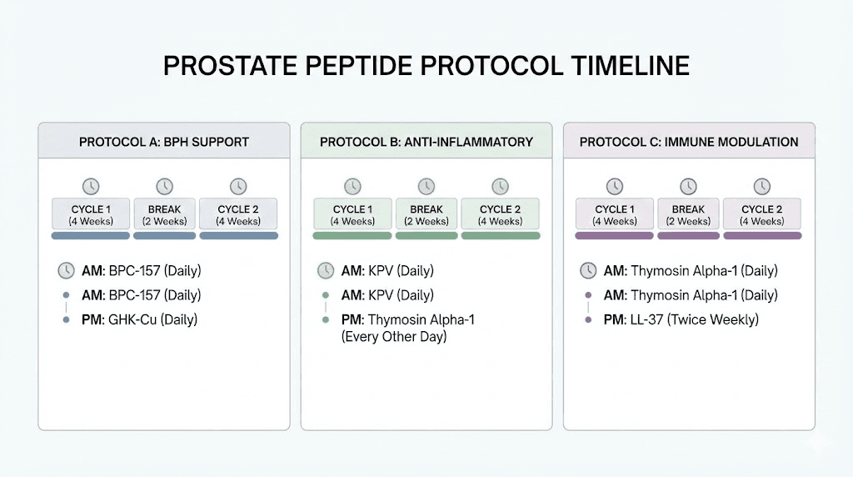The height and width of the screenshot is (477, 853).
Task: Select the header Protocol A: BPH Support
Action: [x=164, y=142]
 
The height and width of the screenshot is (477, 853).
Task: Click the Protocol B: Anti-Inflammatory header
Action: [x=426, y=142]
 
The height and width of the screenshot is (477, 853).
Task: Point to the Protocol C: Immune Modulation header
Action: [x=689, y=142]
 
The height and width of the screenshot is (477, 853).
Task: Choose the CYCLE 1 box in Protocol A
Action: [x=91, y=214]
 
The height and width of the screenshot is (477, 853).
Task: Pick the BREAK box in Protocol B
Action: [x=426, y=214]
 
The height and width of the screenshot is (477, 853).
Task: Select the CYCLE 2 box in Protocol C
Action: [x=762, y=214]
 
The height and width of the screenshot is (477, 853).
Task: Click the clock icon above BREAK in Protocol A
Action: [x=164, y=186]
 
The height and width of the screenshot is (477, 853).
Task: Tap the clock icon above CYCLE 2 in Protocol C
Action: [x=762, y=186]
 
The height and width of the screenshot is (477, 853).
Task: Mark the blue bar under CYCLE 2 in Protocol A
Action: [x=238, y=236]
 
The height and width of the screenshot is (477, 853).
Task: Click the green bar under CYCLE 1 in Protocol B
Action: [x=352, y=236]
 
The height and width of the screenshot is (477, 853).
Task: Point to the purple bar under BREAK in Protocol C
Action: [x=688, y=236]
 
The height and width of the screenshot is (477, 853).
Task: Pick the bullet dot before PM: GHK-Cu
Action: [x=66, y=319]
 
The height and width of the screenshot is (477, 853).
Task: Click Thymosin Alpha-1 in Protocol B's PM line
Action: [x=422, y=319]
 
